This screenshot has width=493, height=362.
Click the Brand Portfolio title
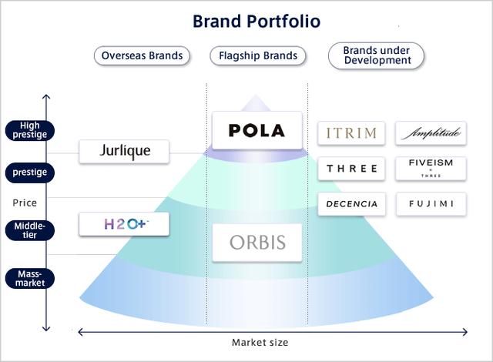pos(256,21)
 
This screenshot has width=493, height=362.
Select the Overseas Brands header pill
pos(143,55)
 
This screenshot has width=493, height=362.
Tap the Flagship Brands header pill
pos(257,55)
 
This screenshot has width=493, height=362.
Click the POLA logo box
pos(257,130)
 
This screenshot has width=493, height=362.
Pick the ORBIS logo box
pos(257,243)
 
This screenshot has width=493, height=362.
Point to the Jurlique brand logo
pos(125,150)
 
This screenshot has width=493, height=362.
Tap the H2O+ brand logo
pos(125,224)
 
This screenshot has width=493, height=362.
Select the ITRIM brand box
pos(351,133)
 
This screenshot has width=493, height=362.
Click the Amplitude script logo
pos(431,133)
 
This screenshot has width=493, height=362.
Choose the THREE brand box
pos(351,169)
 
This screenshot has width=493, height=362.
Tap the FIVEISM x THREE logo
pos(431,168)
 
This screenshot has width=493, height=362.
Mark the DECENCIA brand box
pos(351,204)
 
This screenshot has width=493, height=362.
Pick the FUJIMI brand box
pos(431,204)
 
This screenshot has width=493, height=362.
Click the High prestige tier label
pos(29,130)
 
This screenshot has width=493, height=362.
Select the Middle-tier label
pos(29,230)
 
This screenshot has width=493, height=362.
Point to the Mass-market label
pos(29,277)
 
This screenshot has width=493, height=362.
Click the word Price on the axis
pos(25,203)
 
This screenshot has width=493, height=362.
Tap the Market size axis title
pos(260,342)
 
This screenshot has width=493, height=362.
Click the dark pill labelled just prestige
pos(29,171)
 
